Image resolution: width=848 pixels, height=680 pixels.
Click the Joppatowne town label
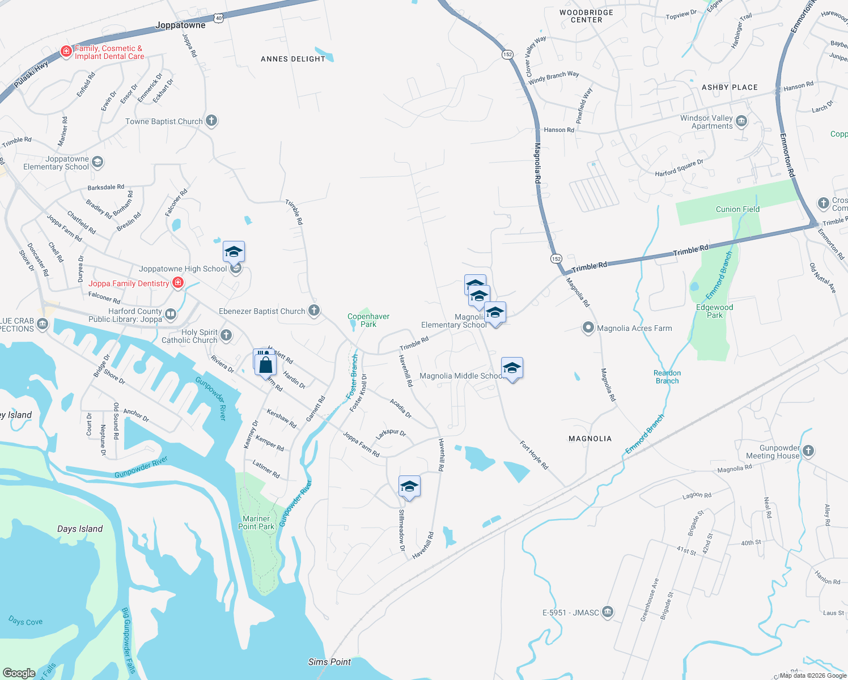click(x=180, y=25)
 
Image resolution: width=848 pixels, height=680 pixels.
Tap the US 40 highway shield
click(x=219, y=18)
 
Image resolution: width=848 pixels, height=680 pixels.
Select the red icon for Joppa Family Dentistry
click(x=178, y=283)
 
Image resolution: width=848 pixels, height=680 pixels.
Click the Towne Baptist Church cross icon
click(x=211, y=121)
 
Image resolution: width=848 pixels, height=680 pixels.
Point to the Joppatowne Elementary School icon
click(x=97, y=163)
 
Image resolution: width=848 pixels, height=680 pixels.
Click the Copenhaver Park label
click(x=368, y=320)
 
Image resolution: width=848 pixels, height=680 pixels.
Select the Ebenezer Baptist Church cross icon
click(x=314, y=311)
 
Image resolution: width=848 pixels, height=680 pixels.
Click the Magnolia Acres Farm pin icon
click(x=588, y=328)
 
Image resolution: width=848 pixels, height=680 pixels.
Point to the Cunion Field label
click(x=737, y=209)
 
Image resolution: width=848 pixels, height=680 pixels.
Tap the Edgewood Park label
click(x=714, y=311)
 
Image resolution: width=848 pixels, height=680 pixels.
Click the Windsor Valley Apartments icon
click(x=741, y=121)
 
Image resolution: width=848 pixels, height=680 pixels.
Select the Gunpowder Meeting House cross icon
click(x=808, y=451)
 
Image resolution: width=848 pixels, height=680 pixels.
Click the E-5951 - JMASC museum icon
click(x=608, y=612)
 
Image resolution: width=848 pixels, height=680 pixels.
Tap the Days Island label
click(x=80, y=529)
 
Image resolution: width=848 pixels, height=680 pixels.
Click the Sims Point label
click(x=329, y=661)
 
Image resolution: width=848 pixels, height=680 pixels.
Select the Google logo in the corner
click(x=19, y=673)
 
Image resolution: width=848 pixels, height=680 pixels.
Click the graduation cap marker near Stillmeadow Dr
click(x=409, y=487)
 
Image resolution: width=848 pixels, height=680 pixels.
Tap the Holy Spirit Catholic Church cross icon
click(x=226, y=335)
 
